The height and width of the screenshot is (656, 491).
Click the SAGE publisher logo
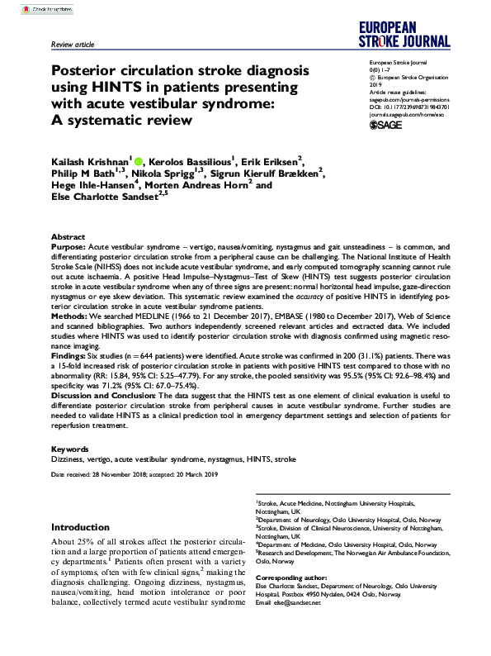(383, 125)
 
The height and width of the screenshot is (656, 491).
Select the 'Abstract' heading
(68, 236)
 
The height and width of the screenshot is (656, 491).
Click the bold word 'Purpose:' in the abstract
(68, 246)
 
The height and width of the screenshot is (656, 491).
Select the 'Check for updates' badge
(34, 7)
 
